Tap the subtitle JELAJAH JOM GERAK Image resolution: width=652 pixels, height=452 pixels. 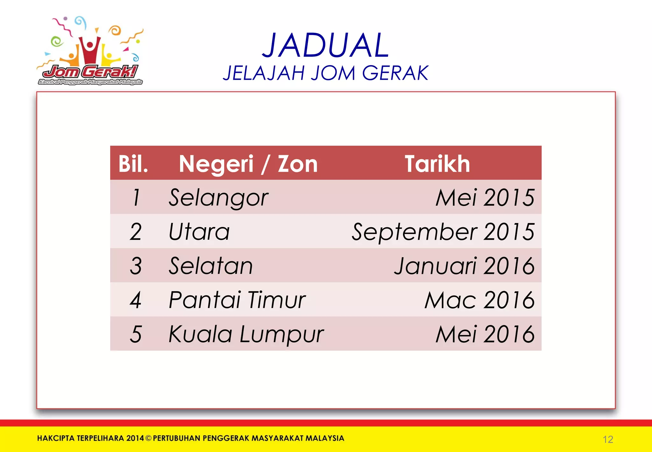point(325,73)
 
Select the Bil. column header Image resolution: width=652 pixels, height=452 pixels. point(133,164)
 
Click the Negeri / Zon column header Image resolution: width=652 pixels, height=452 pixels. point(248,164)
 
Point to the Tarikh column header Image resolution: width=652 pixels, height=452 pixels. point(437,164)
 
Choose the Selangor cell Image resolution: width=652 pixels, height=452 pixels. point(218,198)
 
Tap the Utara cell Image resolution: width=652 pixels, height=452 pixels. point(199,232)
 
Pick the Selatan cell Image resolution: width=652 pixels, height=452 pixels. point(210,266)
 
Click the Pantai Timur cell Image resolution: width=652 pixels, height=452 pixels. point(237,300)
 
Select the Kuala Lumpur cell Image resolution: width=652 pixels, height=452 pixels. point(246,334)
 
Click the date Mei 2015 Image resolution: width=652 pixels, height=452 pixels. point(485,198)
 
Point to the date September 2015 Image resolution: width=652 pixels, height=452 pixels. point(443,232)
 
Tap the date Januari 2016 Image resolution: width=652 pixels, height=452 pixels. point(464,266)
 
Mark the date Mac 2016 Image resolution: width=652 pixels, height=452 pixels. point(479,300)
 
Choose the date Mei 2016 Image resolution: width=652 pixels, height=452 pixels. point(485,334)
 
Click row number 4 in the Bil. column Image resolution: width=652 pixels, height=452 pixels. point(136,300)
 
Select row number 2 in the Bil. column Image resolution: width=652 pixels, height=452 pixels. point(136,232)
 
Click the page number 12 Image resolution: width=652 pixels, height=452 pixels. point(608,440)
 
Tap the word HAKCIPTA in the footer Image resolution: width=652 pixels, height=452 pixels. point(56,438)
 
